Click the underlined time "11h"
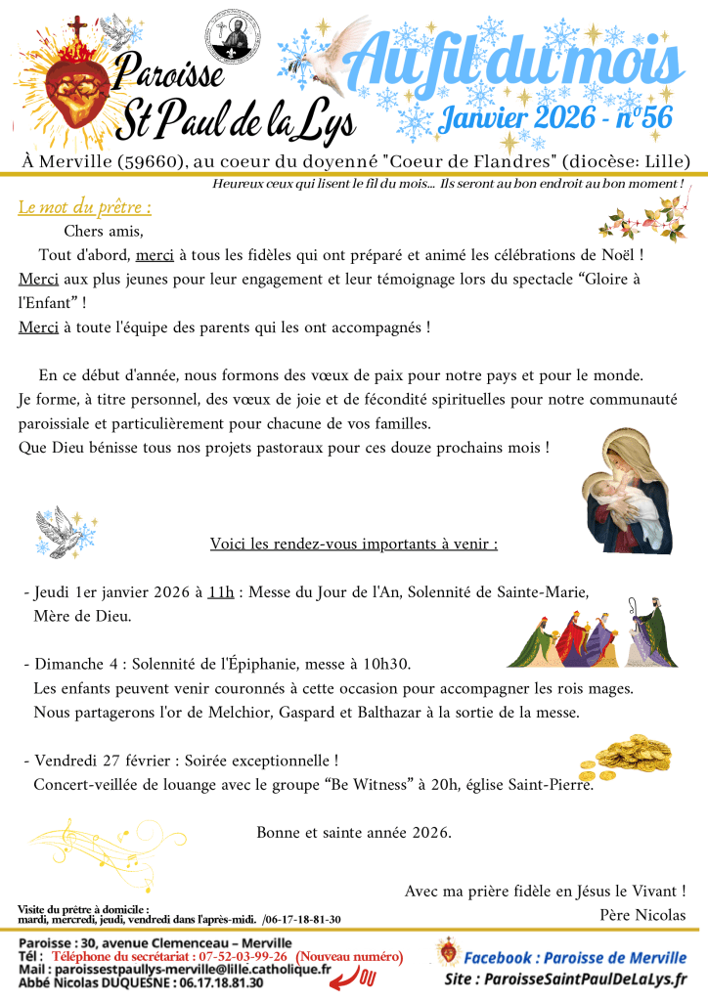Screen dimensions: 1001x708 click(220, 592)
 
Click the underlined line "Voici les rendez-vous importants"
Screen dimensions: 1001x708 click(354, 544)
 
